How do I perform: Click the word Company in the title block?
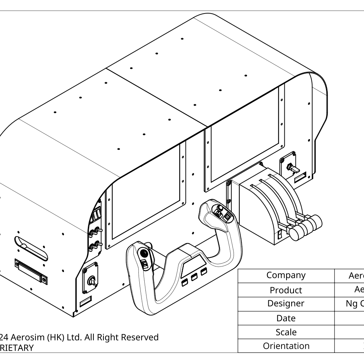point(286,275)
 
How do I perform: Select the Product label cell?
point(286,290)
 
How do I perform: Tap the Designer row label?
point(286,304)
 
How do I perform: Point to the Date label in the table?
point(286,318)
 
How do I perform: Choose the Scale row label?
point(286,332)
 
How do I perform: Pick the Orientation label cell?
point(286,346)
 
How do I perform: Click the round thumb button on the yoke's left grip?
point(144,253)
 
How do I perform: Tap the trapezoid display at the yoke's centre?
point(194,265)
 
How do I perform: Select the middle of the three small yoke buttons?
point(194,277)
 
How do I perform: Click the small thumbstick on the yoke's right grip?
point(220,208)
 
